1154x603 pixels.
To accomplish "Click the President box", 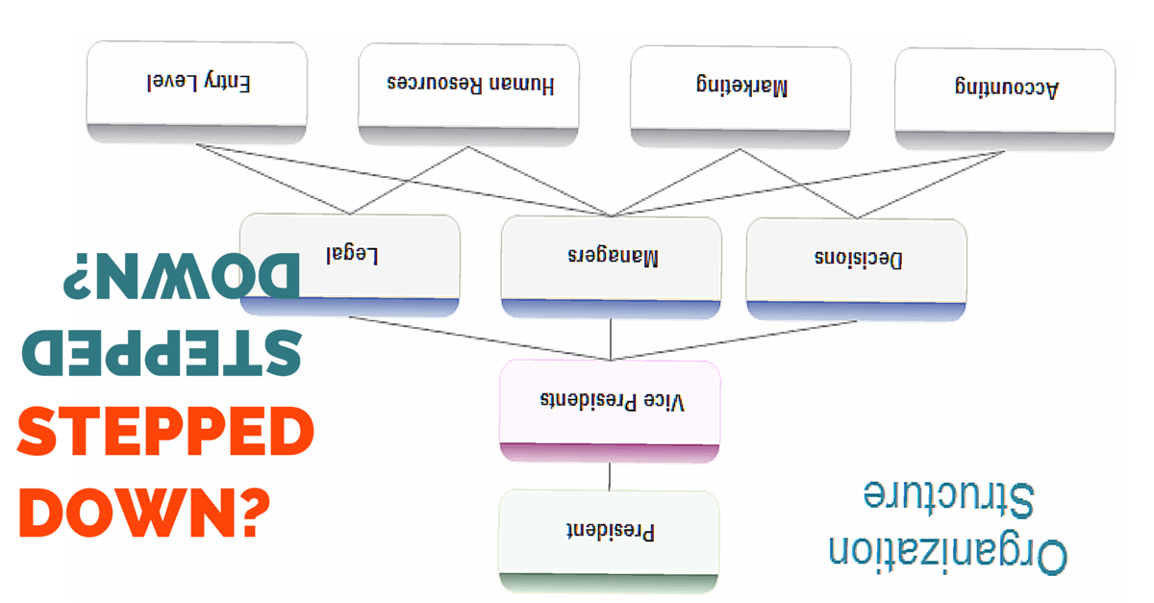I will (610, 530).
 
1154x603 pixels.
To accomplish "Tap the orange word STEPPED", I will (165, 435).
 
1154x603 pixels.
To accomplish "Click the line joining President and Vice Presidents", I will (610, 477).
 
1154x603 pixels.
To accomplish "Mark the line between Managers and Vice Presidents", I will (612, 339).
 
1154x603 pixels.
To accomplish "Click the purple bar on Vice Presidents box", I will (610, 452).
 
